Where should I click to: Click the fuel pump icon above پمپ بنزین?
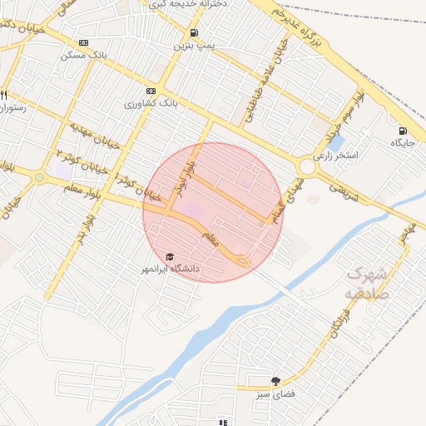194,33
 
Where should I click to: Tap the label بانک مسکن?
82,56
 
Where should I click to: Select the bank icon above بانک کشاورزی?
151,92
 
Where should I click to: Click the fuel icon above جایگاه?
404,130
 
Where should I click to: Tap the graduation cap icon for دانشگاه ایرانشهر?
171,257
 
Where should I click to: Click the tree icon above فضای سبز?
276,382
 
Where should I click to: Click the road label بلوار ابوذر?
183,174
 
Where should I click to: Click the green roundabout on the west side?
39,177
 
